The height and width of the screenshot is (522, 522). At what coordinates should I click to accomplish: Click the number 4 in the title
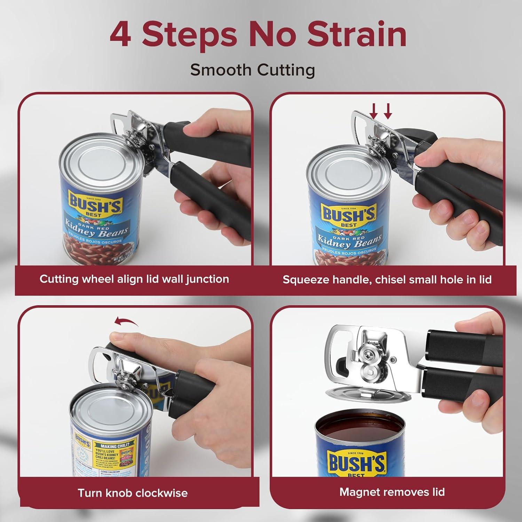click(x=120, y=35)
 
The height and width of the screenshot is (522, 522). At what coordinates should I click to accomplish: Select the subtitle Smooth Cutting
click(x=252, y=70)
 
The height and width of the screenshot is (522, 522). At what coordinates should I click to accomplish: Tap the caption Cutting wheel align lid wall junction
click(x=134, y=279)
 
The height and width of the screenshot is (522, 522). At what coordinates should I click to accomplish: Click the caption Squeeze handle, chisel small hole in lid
click(x=387, y=280)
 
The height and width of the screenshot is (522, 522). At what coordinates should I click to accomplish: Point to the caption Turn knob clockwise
click(x=132, y=493)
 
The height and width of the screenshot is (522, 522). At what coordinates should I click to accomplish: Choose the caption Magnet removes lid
click(x=392, y=492)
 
